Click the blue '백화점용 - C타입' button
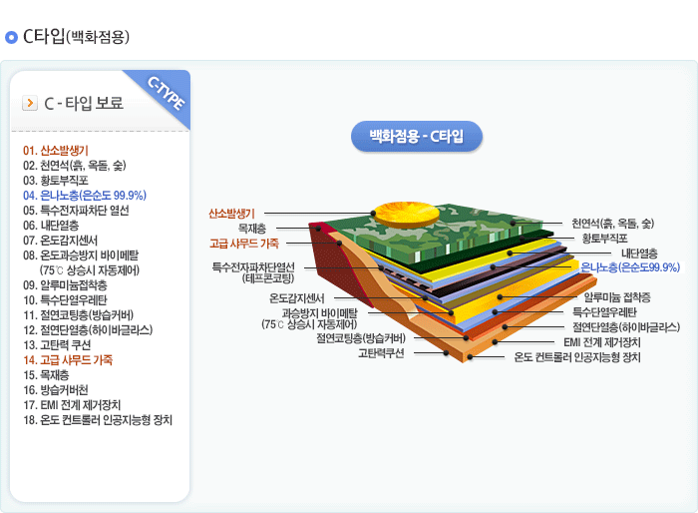pos(417,136)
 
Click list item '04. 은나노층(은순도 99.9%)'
pos(85,196)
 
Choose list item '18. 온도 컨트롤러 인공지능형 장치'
pos(98,419)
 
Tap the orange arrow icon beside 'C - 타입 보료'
pos(29,103)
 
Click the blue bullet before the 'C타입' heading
pos(11,38)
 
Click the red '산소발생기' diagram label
pos(232,214)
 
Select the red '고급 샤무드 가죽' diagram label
pos(244,243)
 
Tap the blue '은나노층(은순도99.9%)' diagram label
pos(630,267)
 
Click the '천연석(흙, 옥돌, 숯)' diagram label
pos(612,223)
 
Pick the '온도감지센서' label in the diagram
pos(297,297)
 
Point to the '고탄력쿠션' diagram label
pos(381,352)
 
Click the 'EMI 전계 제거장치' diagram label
pos(602,342)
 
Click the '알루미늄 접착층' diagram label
pos(617,296)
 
